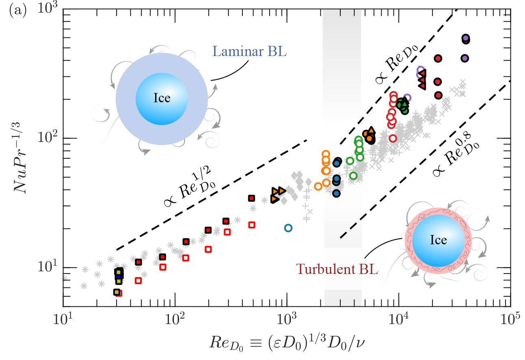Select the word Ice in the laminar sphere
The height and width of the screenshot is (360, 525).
click(162, 98)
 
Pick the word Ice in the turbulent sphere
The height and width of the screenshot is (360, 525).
click(438, 240)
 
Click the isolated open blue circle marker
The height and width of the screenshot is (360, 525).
click(288, 228)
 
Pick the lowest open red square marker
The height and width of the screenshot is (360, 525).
click(119, 293)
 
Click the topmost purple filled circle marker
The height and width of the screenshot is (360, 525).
click(466, 38)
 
